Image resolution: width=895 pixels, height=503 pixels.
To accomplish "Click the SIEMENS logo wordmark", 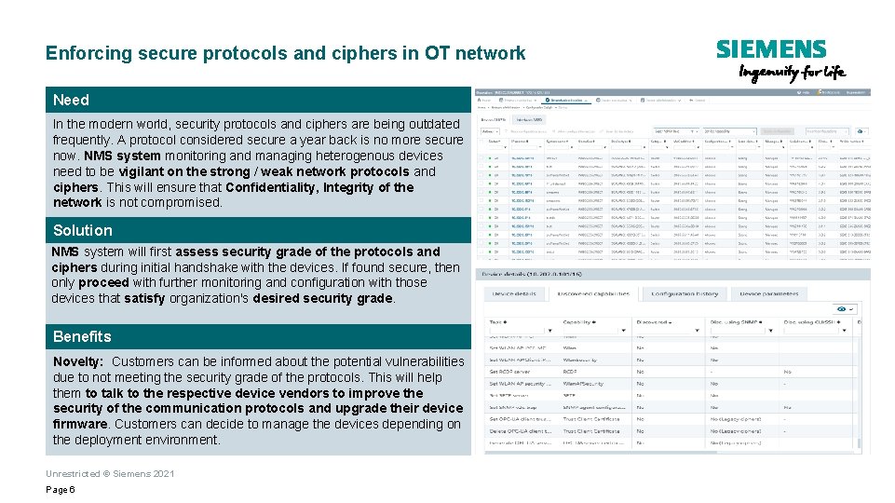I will pos(770,49).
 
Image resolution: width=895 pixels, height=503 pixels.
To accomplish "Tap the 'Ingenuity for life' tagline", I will pos(792,73).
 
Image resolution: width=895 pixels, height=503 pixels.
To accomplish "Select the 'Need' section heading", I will pos(72,100).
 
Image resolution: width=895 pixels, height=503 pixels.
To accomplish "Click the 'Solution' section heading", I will pos(82,230).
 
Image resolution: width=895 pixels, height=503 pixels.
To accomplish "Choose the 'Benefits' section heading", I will pos(82,336).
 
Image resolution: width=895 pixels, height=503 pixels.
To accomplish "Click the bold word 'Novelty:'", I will pos(79,361).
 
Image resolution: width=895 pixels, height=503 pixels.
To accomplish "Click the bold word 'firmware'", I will pos(80,424).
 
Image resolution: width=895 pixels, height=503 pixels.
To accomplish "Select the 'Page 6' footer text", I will pos(60,490).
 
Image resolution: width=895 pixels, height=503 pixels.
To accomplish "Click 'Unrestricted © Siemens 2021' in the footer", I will pos(110,474).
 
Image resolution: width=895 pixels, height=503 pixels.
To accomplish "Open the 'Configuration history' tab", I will pos(685,293).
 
